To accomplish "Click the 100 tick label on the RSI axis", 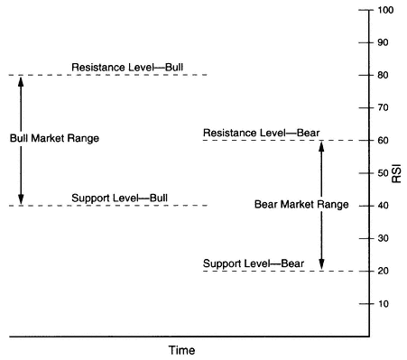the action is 385,10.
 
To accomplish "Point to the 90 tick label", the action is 383,42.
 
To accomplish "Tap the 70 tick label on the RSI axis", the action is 383,107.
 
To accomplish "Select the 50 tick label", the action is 383,173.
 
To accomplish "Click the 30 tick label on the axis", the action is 383,238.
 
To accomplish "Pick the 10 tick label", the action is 383,304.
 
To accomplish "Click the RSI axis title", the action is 397,173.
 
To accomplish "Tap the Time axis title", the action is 181,350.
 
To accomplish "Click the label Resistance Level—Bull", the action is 127,67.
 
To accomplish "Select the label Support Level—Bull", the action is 120,198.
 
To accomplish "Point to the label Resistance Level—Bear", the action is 262,133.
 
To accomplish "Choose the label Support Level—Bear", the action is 254,263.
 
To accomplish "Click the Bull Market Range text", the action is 54,138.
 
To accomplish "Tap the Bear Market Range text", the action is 301,204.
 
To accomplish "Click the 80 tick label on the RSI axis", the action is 383,75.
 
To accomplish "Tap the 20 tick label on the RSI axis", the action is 383,271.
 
